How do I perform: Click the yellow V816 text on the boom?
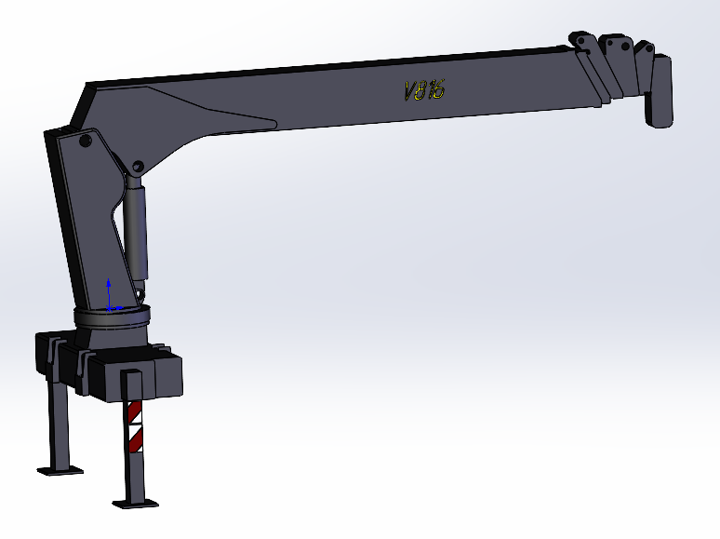point(425,89)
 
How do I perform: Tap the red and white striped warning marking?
point(136,424)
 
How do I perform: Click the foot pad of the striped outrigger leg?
point(135,504)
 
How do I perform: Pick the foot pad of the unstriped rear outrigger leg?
point(59,468)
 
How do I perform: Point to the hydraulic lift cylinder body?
point(138,233)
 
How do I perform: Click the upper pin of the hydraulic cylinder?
point(137,168)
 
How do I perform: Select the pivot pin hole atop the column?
point(85,141)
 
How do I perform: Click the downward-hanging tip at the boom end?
point(661,92)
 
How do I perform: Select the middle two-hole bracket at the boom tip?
point(614,46)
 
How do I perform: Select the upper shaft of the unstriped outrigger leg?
point(59,414)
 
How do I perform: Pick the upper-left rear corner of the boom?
point(88,86)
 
